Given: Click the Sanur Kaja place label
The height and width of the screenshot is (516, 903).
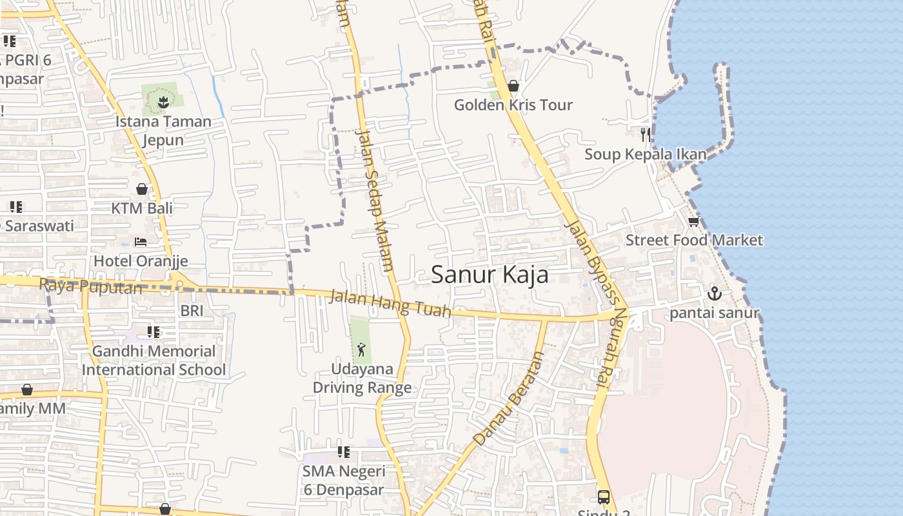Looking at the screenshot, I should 490,275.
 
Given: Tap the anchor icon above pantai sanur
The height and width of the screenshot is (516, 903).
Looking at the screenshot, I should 714,294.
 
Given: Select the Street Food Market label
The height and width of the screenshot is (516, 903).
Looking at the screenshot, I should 694,240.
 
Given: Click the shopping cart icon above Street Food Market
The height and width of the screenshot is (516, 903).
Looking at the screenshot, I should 693,222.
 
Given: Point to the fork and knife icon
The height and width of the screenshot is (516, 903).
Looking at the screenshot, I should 645,134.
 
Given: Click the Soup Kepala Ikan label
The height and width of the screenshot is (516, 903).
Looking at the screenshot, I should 645,154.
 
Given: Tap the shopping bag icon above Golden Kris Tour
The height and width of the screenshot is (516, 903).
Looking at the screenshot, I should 513,86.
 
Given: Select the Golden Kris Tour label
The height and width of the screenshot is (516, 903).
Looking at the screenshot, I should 513,105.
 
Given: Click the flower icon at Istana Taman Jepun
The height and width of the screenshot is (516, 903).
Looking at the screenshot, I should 163,101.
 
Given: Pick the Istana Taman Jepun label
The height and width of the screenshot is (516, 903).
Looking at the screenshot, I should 163,130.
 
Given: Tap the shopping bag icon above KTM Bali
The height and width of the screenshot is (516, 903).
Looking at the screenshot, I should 142,189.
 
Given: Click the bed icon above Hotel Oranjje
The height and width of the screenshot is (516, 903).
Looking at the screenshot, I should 141,242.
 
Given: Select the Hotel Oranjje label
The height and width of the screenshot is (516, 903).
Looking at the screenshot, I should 141,261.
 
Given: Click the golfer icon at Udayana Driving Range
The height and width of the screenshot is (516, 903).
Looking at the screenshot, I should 361,350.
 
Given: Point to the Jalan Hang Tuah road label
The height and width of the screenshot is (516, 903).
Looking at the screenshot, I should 390,304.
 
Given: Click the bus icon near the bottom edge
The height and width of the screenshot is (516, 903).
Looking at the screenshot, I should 603,497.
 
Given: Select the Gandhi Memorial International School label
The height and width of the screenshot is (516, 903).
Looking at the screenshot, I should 154,361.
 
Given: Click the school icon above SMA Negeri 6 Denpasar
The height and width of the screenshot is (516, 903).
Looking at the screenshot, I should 344,452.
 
